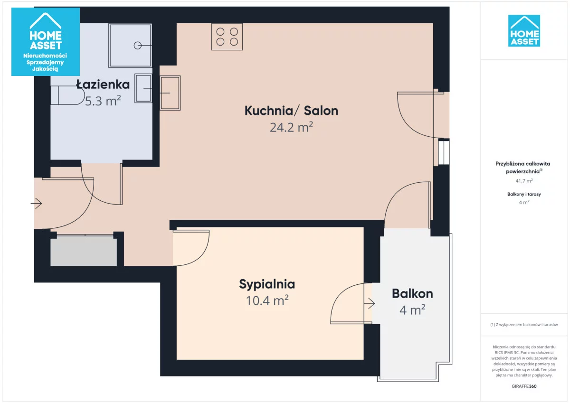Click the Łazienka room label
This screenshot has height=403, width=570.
tap(103, 84)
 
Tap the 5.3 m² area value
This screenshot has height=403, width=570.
tap(103, 101)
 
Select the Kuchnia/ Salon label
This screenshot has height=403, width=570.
tap(291, 111)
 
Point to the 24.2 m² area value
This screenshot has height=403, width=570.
tap(291, 127)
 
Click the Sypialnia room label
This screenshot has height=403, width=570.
tap(267, 284)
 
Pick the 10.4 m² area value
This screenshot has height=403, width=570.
tap(267, 300)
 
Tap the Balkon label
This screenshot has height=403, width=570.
tap(412, 294)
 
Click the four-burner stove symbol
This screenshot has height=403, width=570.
tap(227, 37)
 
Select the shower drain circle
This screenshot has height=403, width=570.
tap(138, 46)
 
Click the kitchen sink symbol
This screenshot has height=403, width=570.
tap(170, 93)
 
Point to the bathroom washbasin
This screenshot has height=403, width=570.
tap(143, 88)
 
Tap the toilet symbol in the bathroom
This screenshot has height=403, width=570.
tap(67, 95)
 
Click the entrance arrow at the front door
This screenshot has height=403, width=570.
tap(36, 203)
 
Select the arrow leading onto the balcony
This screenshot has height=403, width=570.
tap(370, 303)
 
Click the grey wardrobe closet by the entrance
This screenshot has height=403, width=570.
tap(84, 251)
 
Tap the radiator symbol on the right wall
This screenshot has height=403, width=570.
tap(444, 152)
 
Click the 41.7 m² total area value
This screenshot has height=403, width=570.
tap(524, 181)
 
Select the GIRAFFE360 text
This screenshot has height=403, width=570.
tap(524, 386)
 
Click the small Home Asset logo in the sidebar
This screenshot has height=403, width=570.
tap(524, 31)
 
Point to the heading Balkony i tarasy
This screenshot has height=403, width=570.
tap(524, 194)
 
